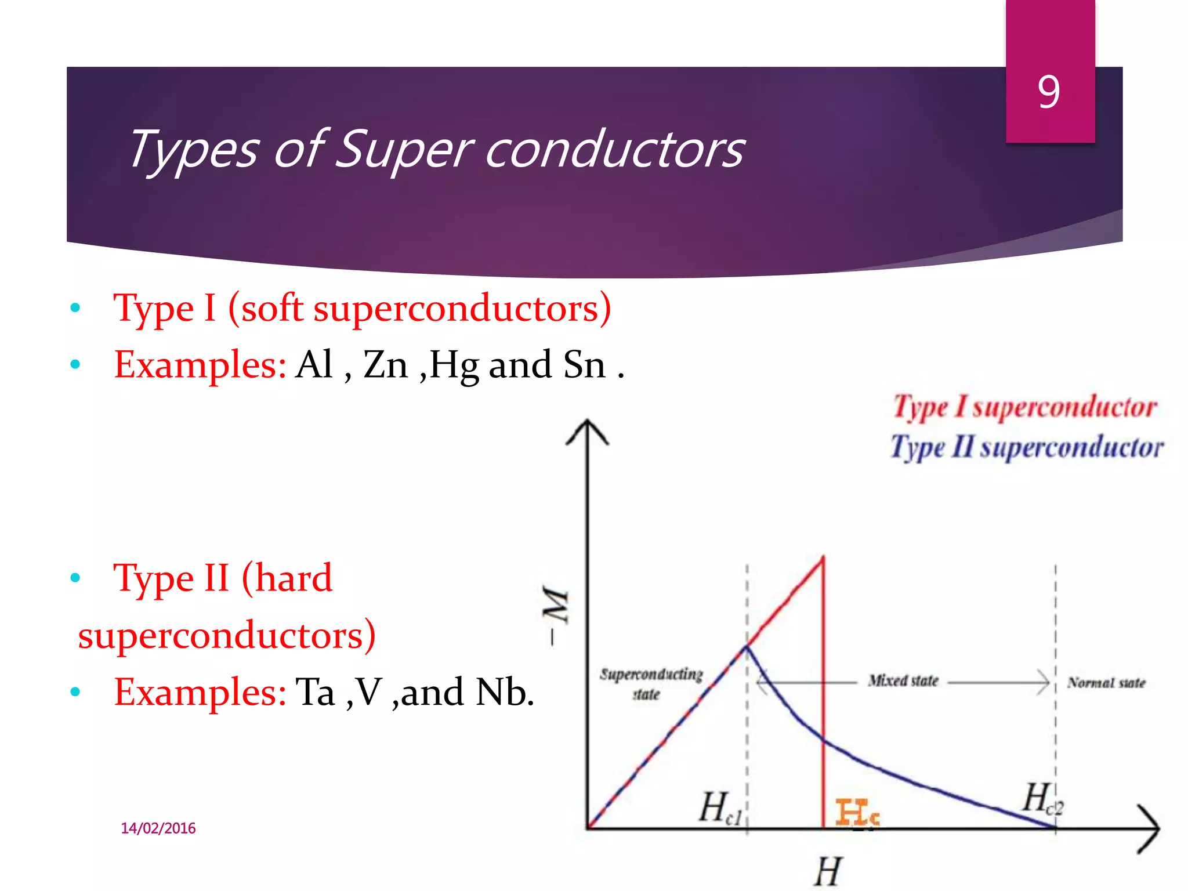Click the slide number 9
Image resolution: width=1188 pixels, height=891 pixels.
pyautogui.click(x=1049, y=92)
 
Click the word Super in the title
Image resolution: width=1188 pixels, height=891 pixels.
pyautogui.click(x=404, y=150)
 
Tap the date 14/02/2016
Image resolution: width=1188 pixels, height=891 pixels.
pyautogui.click(x=158, y=828)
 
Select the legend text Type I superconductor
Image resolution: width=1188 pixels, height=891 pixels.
pyautogui.click(x=1024, y=407)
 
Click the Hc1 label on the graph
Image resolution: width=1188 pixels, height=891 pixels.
pyautogui.click(x=719, y=808)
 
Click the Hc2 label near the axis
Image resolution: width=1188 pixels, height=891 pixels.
pyautogui.click(x=1041, y=799)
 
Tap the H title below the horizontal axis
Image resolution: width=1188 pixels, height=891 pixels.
pyautogui.click(x=827, y=871)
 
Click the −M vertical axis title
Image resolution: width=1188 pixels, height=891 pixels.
pyautogui.click(x=555, y=615)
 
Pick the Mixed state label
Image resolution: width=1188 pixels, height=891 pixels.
pyautogui.click(x=903, y=681)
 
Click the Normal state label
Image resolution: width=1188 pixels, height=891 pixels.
pyautogui.click(x=1106, y=683)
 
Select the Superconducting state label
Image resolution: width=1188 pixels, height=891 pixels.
pyautogui.click(x=650, y=683)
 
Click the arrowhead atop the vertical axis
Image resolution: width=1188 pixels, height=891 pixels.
pyautogui.click(x=588, y=430)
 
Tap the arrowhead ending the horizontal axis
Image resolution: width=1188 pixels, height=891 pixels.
pyautogui.click(x=1150, y=829)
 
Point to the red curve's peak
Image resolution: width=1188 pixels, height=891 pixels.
pyautogui.click(x=823, y=559)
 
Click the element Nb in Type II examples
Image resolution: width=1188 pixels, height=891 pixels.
pyautogui.click(x=504, y=693)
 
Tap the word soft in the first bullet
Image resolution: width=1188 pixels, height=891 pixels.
pyautogui.click(x=272, y=308)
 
